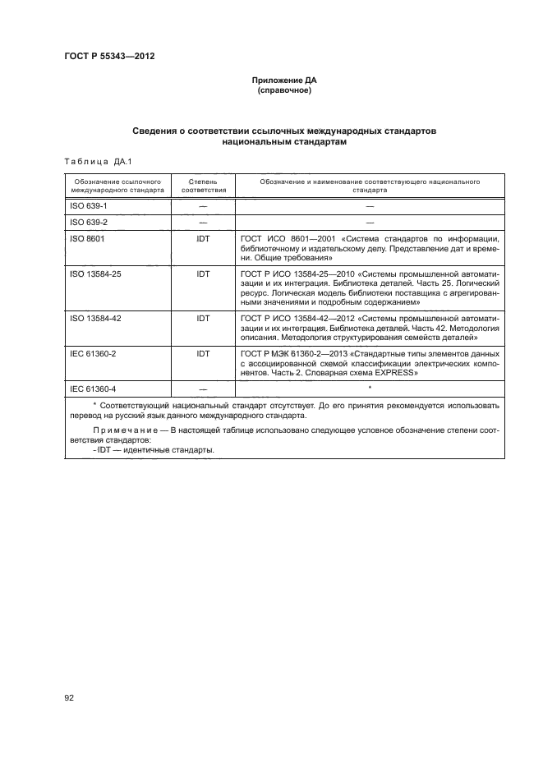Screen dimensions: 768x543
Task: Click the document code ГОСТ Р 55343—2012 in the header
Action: click(x=109, y=56)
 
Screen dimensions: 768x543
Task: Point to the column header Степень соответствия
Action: click(x=202, y=184)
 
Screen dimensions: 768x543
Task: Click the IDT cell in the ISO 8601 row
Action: click(x=202, y=238)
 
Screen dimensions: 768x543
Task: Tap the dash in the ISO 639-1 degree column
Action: click(x=202, y=205)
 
